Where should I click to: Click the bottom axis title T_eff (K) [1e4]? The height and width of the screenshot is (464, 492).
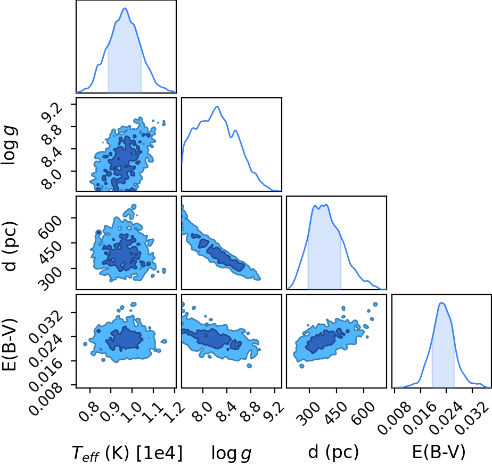[127, 453]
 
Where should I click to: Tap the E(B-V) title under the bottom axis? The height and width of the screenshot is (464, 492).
[439, 452]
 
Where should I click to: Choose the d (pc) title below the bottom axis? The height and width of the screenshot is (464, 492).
[333, 453]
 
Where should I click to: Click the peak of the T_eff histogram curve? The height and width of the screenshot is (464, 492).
[125, 8]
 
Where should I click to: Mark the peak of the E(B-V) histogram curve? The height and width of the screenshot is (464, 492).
[442, 302]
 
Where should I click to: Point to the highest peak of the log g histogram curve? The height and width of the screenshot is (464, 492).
[217, 106]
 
